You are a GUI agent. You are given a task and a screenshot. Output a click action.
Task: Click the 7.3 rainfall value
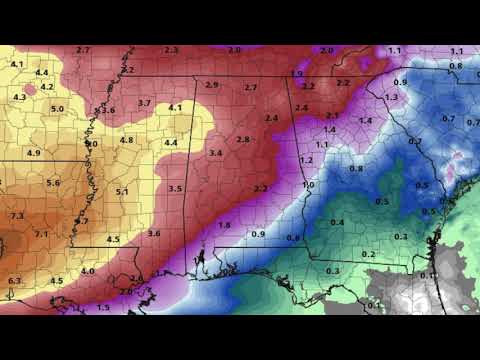[x=17, y=216]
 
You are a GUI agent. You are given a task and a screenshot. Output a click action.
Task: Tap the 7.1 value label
[x=42, y=234]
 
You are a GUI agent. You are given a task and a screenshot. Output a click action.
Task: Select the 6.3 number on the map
[x=14, y=281]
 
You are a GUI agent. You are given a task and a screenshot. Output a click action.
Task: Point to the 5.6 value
[x=53, y=183]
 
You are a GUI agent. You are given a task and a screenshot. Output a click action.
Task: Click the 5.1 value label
[x=122, y=192]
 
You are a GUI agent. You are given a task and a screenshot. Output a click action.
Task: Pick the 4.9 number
[x=34, y=153]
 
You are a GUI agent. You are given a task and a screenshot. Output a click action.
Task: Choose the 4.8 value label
[x=126, y=140]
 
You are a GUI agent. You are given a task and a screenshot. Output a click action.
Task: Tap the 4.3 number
[x=20, y=98]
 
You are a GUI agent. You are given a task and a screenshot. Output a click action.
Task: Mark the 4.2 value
[x=47, y=87]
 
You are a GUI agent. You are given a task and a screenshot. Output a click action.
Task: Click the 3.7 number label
[x=144, y=103]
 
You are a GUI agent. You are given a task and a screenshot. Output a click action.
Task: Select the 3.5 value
[x=175, y=189]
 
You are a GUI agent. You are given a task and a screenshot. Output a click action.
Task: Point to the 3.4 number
[x=215, y=153]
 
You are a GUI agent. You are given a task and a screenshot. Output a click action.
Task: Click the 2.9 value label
[x=212, y=85]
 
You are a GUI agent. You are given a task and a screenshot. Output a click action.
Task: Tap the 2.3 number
[x=171, y=50]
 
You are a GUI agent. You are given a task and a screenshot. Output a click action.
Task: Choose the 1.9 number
[x=297, y=74]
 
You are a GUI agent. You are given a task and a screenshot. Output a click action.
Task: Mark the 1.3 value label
[x=391, y=97]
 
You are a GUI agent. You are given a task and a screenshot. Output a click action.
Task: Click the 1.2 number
[x=307, y=161]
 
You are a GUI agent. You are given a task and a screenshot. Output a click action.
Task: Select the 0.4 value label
[x=337, y=222]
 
